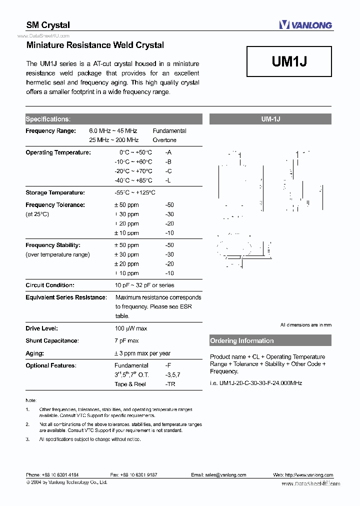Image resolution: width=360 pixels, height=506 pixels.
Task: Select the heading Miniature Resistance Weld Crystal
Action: point(95,45)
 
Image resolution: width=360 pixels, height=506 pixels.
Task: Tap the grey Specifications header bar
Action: point(114,119)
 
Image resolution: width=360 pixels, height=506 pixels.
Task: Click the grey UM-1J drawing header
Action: point(270,119)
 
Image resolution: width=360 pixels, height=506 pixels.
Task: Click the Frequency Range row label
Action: point(50,131)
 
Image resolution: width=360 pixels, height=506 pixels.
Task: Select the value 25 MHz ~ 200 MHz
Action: point(114,140)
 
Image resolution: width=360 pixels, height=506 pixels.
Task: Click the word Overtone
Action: point(164,140)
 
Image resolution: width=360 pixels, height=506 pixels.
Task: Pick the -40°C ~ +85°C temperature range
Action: point(133,180)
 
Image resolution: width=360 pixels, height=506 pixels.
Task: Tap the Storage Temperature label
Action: point(55,192)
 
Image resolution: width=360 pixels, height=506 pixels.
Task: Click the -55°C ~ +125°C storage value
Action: point(135,192)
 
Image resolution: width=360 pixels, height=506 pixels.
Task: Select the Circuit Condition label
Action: point(50,285)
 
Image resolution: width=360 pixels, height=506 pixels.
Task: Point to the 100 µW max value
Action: point(131,328)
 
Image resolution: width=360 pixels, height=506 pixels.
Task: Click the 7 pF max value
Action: point(127,341)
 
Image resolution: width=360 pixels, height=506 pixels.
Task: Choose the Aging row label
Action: point(34,353)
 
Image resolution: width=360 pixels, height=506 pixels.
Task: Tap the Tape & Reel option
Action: point(130,384)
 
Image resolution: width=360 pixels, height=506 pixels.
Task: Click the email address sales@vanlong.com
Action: point(218,475)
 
